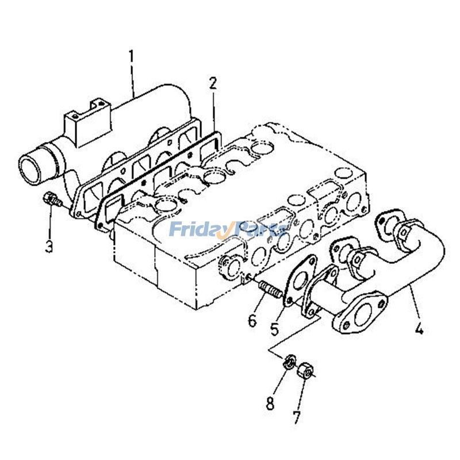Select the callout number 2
point(213,83)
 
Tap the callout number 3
point(49,247)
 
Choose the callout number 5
point(275,329)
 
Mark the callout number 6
point(252,320)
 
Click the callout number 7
point(296,416)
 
